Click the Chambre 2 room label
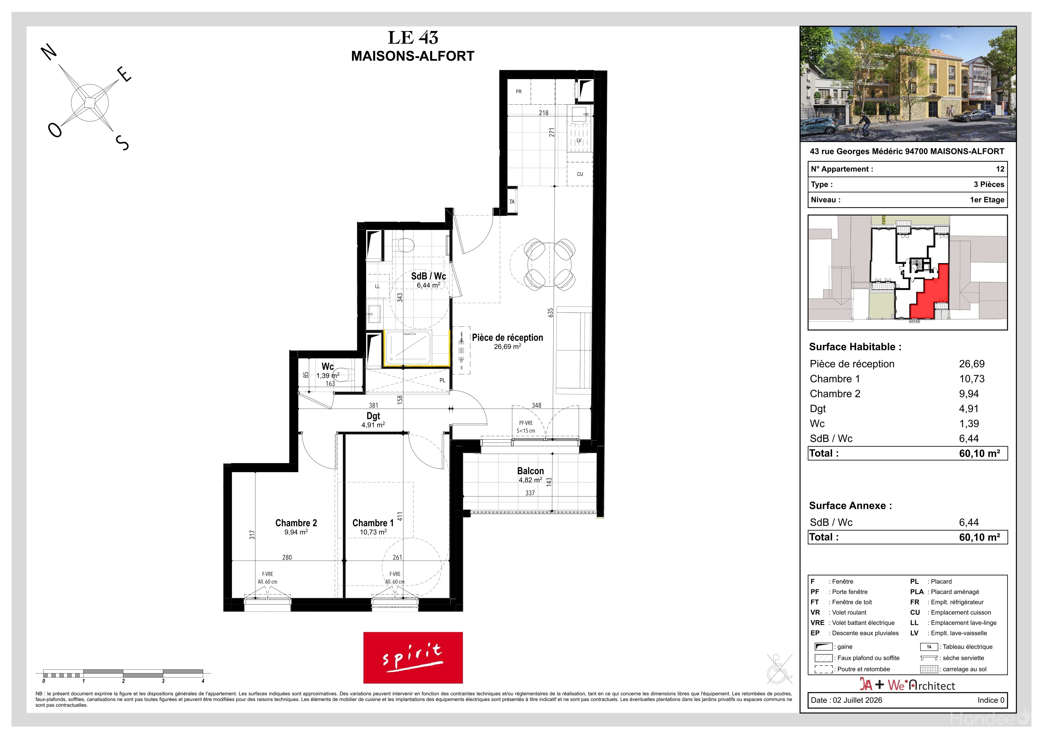(x=296, y=523)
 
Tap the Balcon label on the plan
(x=530, y=471)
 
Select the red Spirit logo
(x=413, y=658)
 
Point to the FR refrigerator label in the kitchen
(x=518, y=91)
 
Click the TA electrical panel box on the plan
(x=512, y=202)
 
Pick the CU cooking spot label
(x=580, y=174)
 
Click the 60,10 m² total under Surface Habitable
(x=979, y=453)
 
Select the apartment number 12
(x=1000, y=169)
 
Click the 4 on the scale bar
(x=203, y=681)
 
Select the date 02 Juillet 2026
(x=857, y=700)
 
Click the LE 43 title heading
(x=413, y=38)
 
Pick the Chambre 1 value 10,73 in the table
(x=972, y=379)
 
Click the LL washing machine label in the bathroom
(x=377, y=286)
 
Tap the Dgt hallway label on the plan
(x=373, y=416)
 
